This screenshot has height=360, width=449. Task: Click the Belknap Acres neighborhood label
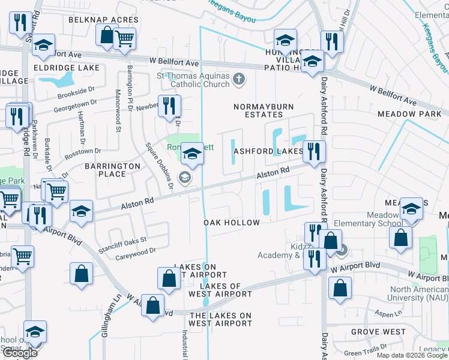pyautogui.click(x=103, y=20)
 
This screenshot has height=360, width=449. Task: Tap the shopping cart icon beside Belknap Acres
pyautogui.click(x=124, y=38)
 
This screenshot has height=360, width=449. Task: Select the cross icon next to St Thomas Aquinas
pyautogui.click(x=239, y=79)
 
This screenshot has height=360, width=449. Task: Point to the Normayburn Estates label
pyautogui.click(x=258, y=110)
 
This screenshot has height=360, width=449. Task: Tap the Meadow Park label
pyautogui.click(x=409, y=113)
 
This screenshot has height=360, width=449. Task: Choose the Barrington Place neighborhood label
pyautogui.click(x=104, y=170)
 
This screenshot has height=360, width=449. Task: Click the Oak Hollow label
pyautogui.click(x=232, y=223)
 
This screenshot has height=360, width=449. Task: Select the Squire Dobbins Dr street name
pyautogui.click(x=160, y=165)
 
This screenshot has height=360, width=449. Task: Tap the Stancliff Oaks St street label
pyautogui.click(x=123, y=241)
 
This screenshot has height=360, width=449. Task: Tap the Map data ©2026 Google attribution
pyautogui.click(x=411, y=355)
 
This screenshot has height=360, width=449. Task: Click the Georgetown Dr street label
pyautogui.click(x=76, y=104)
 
